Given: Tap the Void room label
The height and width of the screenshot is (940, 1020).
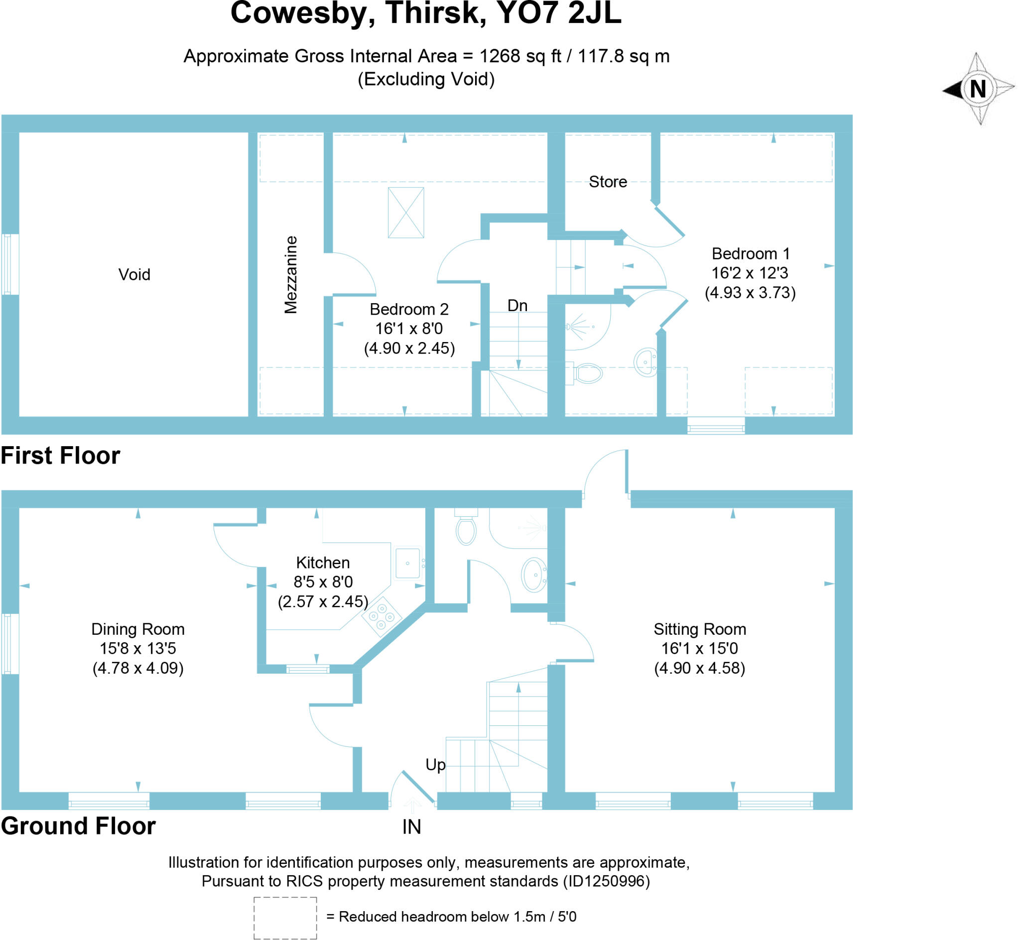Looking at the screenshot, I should coord(134,275).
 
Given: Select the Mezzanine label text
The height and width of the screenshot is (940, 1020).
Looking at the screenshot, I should coord(290,275).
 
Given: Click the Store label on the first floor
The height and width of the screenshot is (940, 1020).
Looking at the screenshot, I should coord(608,182).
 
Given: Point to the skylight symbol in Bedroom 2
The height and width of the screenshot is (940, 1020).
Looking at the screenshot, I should coord(406,213).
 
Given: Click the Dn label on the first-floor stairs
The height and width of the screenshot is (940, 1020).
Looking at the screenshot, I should coord(517,305).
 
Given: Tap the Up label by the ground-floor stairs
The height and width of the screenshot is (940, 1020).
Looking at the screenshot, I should coord(435,765).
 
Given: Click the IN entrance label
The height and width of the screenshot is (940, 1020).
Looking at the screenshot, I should coord(411,827).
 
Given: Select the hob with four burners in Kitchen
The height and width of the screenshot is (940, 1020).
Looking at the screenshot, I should coord(382,616).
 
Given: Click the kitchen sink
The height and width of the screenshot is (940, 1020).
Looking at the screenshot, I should coord(407,563).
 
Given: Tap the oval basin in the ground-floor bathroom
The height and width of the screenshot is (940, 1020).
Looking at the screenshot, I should coord(533,575).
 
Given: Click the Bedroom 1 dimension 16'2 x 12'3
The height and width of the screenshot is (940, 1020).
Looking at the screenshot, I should coord(750,273).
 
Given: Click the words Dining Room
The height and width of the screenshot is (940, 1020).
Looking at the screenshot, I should coord(138,629).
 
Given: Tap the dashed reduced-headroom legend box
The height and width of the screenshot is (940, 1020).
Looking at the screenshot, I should coord(285,918).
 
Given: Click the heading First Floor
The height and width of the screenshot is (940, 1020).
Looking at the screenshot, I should coord(61,455).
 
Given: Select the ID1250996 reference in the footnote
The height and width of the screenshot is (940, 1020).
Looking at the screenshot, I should coord(606,881).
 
